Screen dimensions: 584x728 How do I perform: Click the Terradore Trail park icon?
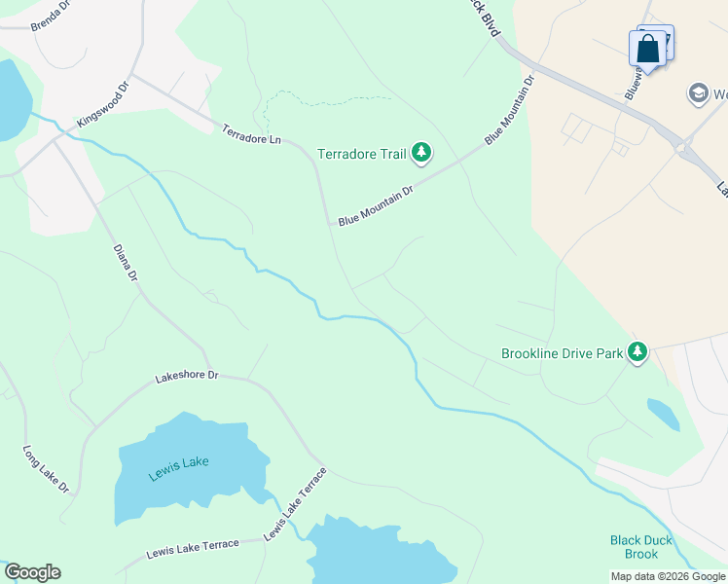(421, 153)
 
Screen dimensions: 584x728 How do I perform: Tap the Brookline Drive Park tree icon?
(637, 352)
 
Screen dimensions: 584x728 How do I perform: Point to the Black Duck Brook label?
(635, 547)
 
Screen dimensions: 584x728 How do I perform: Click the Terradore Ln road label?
(251, 134)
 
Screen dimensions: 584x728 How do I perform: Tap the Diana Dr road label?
(126, 263)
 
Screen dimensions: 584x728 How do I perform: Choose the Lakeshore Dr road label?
(187, 376)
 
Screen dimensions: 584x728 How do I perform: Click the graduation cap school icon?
(698, 93)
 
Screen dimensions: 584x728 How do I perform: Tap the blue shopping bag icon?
(648, 49)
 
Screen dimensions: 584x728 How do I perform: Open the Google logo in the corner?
(32, 572)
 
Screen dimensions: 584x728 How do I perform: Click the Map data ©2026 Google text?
(668, 576)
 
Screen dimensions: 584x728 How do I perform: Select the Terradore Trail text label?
(362, 154)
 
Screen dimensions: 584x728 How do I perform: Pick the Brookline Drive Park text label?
(562, 353)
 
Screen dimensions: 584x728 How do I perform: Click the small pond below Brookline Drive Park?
(663, 414)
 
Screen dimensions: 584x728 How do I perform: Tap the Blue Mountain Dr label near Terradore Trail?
(376, 206)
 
